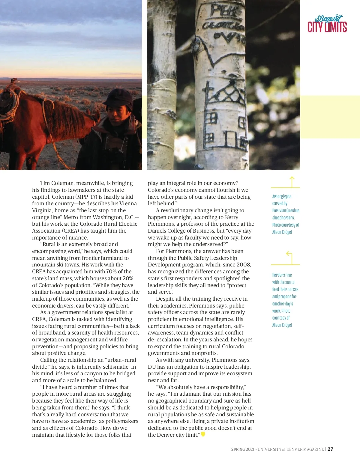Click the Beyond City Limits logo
click(327, 24)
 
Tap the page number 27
click(330, 449)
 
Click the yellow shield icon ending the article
click(203, 434)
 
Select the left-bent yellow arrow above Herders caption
click(290, 257)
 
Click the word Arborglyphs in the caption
click(281, 197)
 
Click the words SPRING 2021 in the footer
click(242, 449)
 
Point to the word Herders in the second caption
click(278, 275)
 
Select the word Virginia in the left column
click(42, 210)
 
